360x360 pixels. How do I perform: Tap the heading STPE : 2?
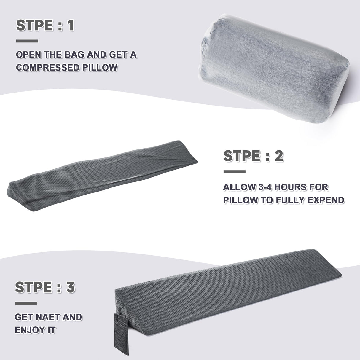coord(253,156)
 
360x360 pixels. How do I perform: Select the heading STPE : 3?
coord(45,287)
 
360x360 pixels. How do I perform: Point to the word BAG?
coord(74,55)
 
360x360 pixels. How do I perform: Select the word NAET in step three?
coord(47,317)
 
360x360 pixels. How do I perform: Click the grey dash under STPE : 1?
coord(27,41)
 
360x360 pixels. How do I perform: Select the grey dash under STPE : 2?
coord(234,172)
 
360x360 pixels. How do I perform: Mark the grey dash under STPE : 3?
coord(26,303)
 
